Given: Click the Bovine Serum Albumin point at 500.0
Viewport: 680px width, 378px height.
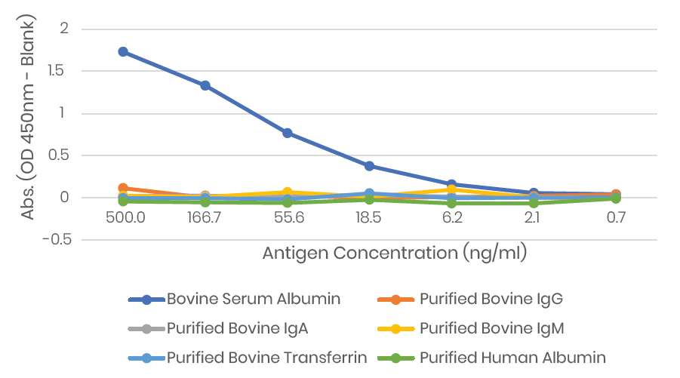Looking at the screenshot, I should click(123, 52).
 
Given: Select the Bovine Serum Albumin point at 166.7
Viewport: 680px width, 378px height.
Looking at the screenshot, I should click(205, 86).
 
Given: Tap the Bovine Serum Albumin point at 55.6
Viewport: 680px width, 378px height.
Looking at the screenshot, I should click(287, 133).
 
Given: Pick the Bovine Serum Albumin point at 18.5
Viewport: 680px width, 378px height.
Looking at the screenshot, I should click(369, 166).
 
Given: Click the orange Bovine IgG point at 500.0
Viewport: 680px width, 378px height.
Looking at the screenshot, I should click(123, 188).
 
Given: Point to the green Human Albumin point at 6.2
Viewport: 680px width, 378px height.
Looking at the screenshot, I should click(451, 203).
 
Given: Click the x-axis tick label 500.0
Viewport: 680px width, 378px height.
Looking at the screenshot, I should click(123, 217).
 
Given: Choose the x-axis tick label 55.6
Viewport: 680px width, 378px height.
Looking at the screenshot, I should click(287, 217).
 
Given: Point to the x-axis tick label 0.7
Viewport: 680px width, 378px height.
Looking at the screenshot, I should click(616, 217).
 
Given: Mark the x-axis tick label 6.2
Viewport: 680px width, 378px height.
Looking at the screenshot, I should click(451, 217).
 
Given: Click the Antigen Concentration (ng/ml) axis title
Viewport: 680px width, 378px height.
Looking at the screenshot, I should click(394, 254).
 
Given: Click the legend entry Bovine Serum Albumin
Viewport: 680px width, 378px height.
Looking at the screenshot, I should click(254, 300).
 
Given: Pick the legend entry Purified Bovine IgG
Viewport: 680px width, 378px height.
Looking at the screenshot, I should click(491, 300).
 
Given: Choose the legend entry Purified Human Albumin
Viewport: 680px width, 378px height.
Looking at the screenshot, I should click(513, 358).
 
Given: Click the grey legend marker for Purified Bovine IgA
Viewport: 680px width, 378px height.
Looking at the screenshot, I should click(146, 329).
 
